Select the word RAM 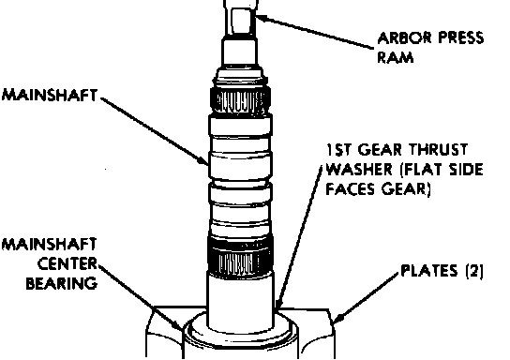396,57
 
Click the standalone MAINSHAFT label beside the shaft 50,96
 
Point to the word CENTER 67,264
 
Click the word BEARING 62,283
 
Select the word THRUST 438,150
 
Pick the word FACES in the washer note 351,189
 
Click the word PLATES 428,271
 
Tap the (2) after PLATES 474,271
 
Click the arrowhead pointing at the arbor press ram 261,18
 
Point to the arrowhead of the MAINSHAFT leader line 203,160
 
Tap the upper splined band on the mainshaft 240,99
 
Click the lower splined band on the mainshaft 240,257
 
